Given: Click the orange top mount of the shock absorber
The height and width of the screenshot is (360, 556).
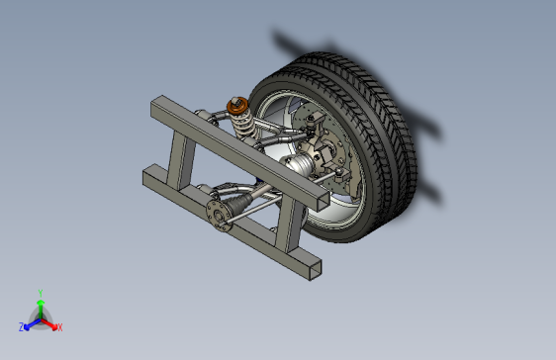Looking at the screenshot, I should click(x=235, y=104).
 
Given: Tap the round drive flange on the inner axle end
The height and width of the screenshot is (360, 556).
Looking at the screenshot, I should click(x=217, y=215).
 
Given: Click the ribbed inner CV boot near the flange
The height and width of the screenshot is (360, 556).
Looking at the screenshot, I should click(x=239, y=204).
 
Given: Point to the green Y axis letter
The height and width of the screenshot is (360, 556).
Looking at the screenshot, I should click(x=40, y=293).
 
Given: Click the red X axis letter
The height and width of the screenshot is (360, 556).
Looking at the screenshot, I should click(x=59, y=326).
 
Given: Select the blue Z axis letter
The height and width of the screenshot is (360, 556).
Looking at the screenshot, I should click(x=22, y=326).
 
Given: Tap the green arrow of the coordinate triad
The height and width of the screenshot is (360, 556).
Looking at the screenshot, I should click(x=40, y=307).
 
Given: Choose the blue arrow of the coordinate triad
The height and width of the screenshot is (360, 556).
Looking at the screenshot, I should click(x=31, y=322).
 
